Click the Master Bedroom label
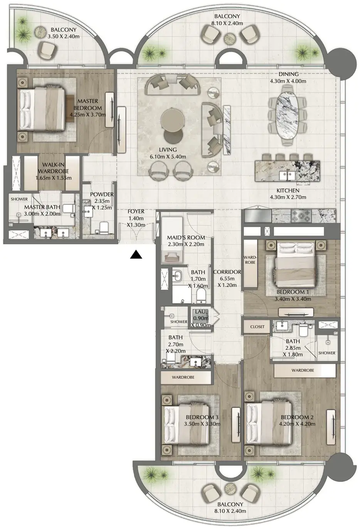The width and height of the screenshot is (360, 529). point(87,104)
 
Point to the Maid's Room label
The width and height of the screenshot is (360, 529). point(186,237)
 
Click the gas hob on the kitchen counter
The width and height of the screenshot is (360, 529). point(299,216)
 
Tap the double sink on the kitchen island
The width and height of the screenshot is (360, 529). point(286,176)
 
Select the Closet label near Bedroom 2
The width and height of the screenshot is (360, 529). point(257,327)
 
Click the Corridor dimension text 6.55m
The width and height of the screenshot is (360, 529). point(227,278)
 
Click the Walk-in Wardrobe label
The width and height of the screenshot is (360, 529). point(53,168)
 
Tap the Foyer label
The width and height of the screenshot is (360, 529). point(136,211)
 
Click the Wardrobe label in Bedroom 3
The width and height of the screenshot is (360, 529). point(183,377)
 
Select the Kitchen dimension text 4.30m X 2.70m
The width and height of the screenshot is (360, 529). point(288,197)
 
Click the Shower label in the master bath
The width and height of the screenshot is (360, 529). point(19,199)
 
